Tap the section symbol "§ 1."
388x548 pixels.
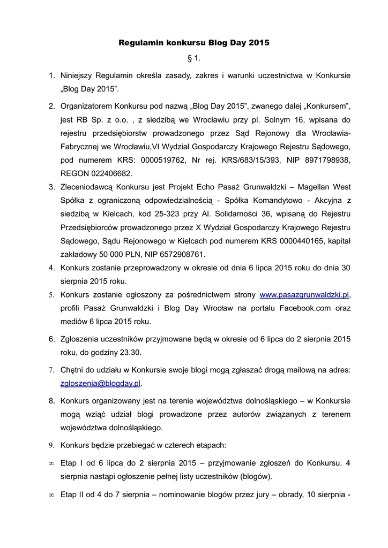coord(193,58)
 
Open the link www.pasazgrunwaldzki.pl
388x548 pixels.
coord(304,295)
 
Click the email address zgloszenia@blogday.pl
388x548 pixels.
coord(100,384)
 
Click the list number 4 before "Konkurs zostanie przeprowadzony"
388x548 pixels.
coord(52,268)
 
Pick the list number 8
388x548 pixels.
coord(52,400)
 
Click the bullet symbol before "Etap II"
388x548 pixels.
coord(51,495)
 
